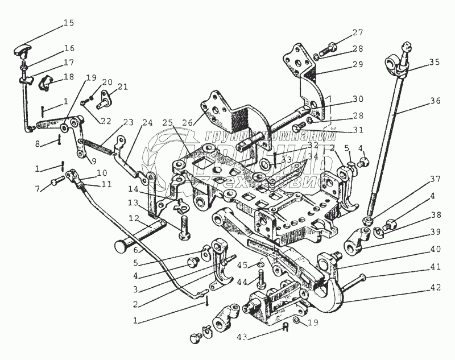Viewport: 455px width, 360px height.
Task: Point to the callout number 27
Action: (x=357, y=32)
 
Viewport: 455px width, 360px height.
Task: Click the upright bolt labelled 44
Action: (x=261, y=279)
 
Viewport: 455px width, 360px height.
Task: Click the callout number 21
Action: (x=123, y=87)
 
